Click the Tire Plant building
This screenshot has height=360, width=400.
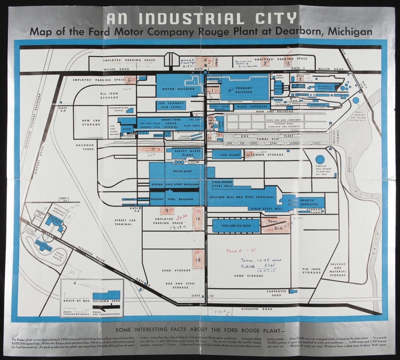click(x=230, y=155)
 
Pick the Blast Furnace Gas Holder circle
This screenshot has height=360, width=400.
click(x=356, y=100)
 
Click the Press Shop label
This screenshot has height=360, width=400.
click(x=183, y=171)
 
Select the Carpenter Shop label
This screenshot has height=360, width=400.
click(x=276, y=293)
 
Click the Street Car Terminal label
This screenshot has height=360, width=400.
click(x=124, y=222)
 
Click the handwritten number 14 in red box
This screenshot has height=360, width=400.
click(x=198, y=260)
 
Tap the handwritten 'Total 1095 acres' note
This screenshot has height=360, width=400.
click(x=261, y=260)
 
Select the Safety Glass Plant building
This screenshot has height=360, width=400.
click(x=188, y=153)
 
